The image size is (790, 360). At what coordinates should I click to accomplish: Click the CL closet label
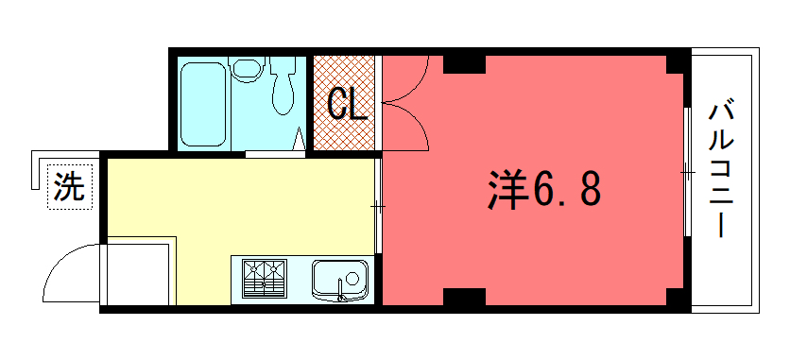(x=347, y=105)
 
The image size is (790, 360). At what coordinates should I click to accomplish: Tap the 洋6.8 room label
(x=544, y=189)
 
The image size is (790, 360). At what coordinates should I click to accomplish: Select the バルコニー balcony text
(x=721, y=170)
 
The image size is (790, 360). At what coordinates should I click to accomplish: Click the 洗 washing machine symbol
(x=70, y=187)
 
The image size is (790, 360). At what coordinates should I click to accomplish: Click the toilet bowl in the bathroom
(x=283, y=86)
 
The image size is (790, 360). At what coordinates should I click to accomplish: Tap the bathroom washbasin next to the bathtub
(x=247, y=68)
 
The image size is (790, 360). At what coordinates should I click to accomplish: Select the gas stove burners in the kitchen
(x=264, y=279)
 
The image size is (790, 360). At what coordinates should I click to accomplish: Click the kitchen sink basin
(x=339, y=279)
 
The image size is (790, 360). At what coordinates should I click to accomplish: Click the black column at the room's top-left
(x=464, y=64)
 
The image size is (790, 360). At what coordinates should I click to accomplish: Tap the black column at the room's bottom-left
(x=464, y=297)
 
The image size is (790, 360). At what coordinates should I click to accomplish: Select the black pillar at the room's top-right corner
(x=675, y=64)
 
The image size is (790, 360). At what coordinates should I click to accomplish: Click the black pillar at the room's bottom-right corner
(x=675, y=297)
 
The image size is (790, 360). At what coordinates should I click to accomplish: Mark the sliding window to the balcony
(x=687, y=172)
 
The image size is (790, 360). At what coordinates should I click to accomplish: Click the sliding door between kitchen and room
(x=378, y=206)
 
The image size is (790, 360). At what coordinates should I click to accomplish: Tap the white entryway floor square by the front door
(x=137, y=274)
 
